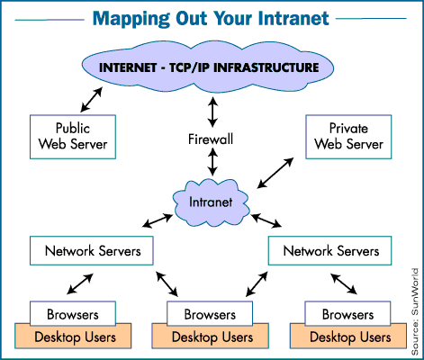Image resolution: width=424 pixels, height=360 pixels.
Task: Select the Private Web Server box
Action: (347, 134)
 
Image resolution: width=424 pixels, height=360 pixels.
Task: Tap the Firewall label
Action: (212, 140)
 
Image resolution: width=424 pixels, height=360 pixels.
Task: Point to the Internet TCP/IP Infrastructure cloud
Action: (211, 65)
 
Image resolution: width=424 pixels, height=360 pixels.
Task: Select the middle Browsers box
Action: (211, 316)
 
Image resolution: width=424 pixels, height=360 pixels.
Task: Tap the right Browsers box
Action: (347, 316)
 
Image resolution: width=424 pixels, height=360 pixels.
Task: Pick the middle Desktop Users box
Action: (210, 337)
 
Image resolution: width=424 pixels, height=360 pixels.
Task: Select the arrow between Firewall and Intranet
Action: (212, 163)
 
